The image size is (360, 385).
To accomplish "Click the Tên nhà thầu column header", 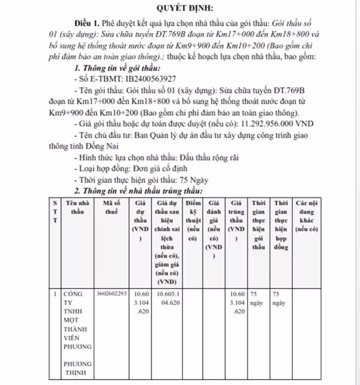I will (x=78, y=207).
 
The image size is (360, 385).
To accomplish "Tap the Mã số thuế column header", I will (x=112, y=207).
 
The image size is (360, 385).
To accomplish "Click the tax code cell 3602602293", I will (x=112, y=294).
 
